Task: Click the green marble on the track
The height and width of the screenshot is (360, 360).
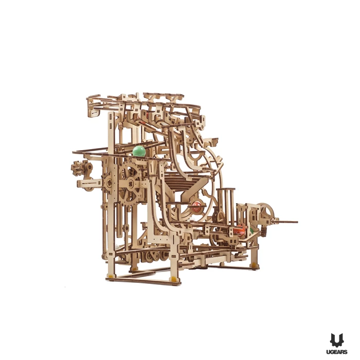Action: point(139,151)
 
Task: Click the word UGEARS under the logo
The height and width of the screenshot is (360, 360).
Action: point(336,352)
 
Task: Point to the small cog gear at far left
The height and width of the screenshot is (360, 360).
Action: point(77,168)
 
